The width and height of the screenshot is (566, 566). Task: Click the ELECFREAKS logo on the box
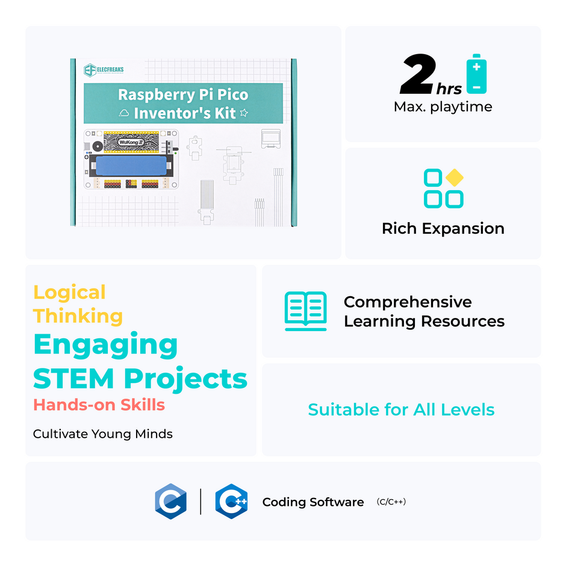(x=104, y=70)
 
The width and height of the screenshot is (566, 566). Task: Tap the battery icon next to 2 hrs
(x=476, y=75)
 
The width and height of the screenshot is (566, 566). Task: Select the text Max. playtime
(x=443, y=107)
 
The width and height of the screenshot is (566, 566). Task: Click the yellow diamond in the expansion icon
(x=455, y=178)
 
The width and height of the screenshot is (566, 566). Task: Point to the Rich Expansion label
(x=443, y=229)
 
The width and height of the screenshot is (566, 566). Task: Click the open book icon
(x=305, y=311)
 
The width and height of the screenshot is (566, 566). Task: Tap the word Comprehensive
(x=408, y=302)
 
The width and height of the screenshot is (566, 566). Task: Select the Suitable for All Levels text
(x=401, y=410)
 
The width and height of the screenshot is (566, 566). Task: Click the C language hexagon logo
(x=170, y=502)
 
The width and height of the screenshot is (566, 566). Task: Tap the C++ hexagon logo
(x=232, y=502)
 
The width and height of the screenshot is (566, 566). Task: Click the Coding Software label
(x=313, y=502)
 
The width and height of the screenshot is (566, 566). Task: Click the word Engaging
(x=105, y=346)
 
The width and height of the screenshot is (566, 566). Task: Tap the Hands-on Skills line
(x=99, y=405)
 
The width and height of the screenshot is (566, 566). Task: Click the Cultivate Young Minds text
(x=102, y=434)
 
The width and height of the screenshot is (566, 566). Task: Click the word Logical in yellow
(x=69, y=293)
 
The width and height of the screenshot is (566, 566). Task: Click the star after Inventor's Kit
(x=244, y=113)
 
